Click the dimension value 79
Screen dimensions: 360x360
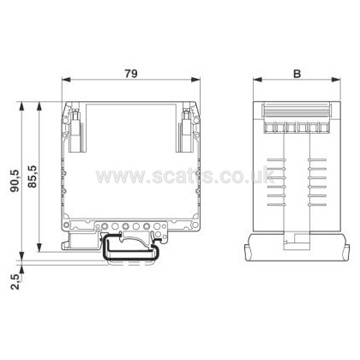click(x=131, y=74)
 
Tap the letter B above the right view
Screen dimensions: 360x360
click(x=297, y=74)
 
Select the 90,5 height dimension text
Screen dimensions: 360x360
click(x=15, y=181)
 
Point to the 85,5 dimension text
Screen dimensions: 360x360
click(x=33, y=177)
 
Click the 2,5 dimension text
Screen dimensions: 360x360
click(x=15, y=282)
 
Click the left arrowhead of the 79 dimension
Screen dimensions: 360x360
click(x=66, y=80)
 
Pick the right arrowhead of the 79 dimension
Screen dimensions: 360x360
click(x=195, y=80)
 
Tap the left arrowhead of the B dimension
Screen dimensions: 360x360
click(x=257, y=80)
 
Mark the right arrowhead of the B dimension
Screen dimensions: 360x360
click(x=336, y=80)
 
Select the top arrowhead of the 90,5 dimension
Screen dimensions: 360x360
click(x=21, y=106)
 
